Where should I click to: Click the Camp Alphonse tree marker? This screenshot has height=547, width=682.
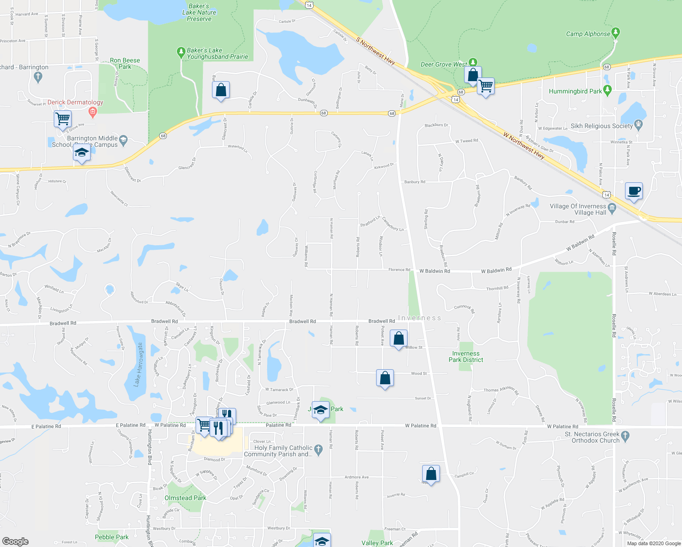616,32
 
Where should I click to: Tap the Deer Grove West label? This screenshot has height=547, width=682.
443,64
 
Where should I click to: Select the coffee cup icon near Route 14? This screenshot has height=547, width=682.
634,191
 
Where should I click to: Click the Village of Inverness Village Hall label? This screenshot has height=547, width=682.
578,209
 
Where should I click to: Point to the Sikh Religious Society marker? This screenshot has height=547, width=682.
638,124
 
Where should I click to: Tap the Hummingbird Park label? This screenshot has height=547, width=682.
575,91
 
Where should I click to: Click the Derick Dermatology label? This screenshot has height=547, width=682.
75,103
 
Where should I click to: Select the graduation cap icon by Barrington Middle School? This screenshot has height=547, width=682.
81,153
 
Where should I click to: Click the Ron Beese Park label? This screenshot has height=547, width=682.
125,63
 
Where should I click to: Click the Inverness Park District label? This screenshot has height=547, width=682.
465,356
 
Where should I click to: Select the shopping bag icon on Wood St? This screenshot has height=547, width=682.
385,378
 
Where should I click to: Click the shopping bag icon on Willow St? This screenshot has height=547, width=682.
398,339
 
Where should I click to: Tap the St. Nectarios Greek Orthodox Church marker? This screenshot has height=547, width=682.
625,436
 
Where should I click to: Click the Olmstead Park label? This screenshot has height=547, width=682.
185,498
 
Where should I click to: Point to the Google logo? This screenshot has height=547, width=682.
15,541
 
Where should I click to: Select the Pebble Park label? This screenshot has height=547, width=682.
112,537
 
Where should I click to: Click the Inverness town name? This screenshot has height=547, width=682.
419,318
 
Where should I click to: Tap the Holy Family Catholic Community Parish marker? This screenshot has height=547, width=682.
319,450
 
